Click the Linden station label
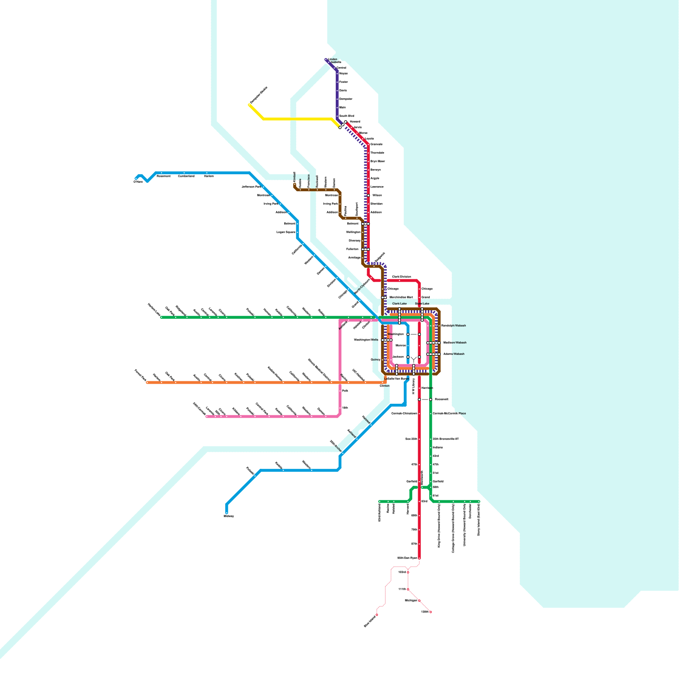pyautogui.click(x=333, y=59)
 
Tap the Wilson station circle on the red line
pyautogui.click(x=368, y=195)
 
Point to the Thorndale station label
pyautogui.click(x=377, y=153)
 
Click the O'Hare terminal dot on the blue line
pyautogui.click(x=136, y=179)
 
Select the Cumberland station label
pyautogui.click(x=186, y=176)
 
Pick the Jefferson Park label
pyautogui.click(x=251, y=187)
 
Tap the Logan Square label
pyautogui.click(x=286, y=232)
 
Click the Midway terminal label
pyautogui.click(x=229, y=516)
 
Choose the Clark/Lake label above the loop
pyautogui.click(x=399, y=303)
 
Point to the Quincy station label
pyautogui.click(x=375, y=360)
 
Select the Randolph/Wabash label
pyautogui.click(x=453, y=326)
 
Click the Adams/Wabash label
pyautogui.click(x=453, y=354)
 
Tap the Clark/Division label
pyautogui.click(x=401, y=277)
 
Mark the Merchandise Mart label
pyautogui.click(x=401, y=297)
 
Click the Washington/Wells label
pyautogui.click(x=366, y=340)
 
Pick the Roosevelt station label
pyautogui.click(x=441, y=399)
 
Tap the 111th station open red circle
pyautogui.click(x=408, y=589)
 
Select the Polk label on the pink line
pyautogui.click(x=345, y=390)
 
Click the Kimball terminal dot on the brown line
pyautogui.click(x=295, y=184)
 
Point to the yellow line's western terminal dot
pyautogui.click(x=249, y=105)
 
